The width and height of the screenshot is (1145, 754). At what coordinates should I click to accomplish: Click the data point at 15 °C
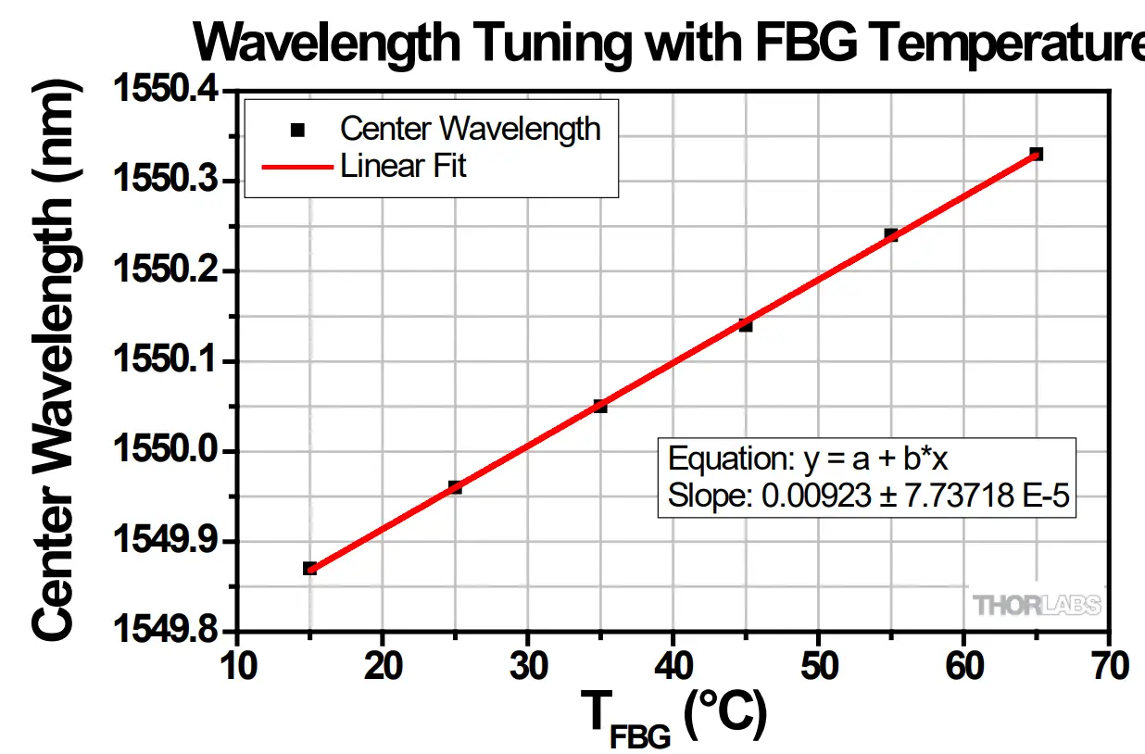tap(309, 568)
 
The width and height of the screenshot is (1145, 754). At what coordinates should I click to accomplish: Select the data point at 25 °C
tap(455, 487)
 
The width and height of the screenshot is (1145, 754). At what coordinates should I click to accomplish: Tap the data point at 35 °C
tap(600, 406)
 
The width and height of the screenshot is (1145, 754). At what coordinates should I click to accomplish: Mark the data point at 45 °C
tap(746, 324)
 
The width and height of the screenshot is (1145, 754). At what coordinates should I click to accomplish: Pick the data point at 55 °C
tap(891, 235)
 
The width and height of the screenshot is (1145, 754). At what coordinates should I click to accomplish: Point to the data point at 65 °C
tap(1036, 154)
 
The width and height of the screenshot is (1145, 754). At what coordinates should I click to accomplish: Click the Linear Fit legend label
tap(403, 167)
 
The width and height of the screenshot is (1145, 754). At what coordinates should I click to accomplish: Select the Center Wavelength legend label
tap(470, 129)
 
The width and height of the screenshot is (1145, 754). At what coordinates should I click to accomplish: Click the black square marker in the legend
tap(297, 130)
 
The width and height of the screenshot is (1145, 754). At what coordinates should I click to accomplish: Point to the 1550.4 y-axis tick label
tap(166, 91)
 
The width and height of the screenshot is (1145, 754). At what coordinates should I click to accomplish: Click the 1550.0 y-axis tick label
tap(166, 451)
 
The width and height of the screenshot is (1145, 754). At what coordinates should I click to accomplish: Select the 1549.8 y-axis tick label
tap(166, 631)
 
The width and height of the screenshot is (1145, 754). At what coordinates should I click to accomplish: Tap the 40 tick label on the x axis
tap(673, 665)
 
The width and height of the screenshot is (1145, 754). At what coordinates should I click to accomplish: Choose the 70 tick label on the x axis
tap(1108, 665)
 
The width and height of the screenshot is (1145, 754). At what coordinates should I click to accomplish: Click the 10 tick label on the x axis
tap(238, 665)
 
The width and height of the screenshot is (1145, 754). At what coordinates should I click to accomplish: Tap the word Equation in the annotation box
tap(714, 459)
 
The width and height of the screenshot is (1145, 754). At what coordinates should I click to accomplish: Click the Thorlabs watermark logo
tap(1037, 606)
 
